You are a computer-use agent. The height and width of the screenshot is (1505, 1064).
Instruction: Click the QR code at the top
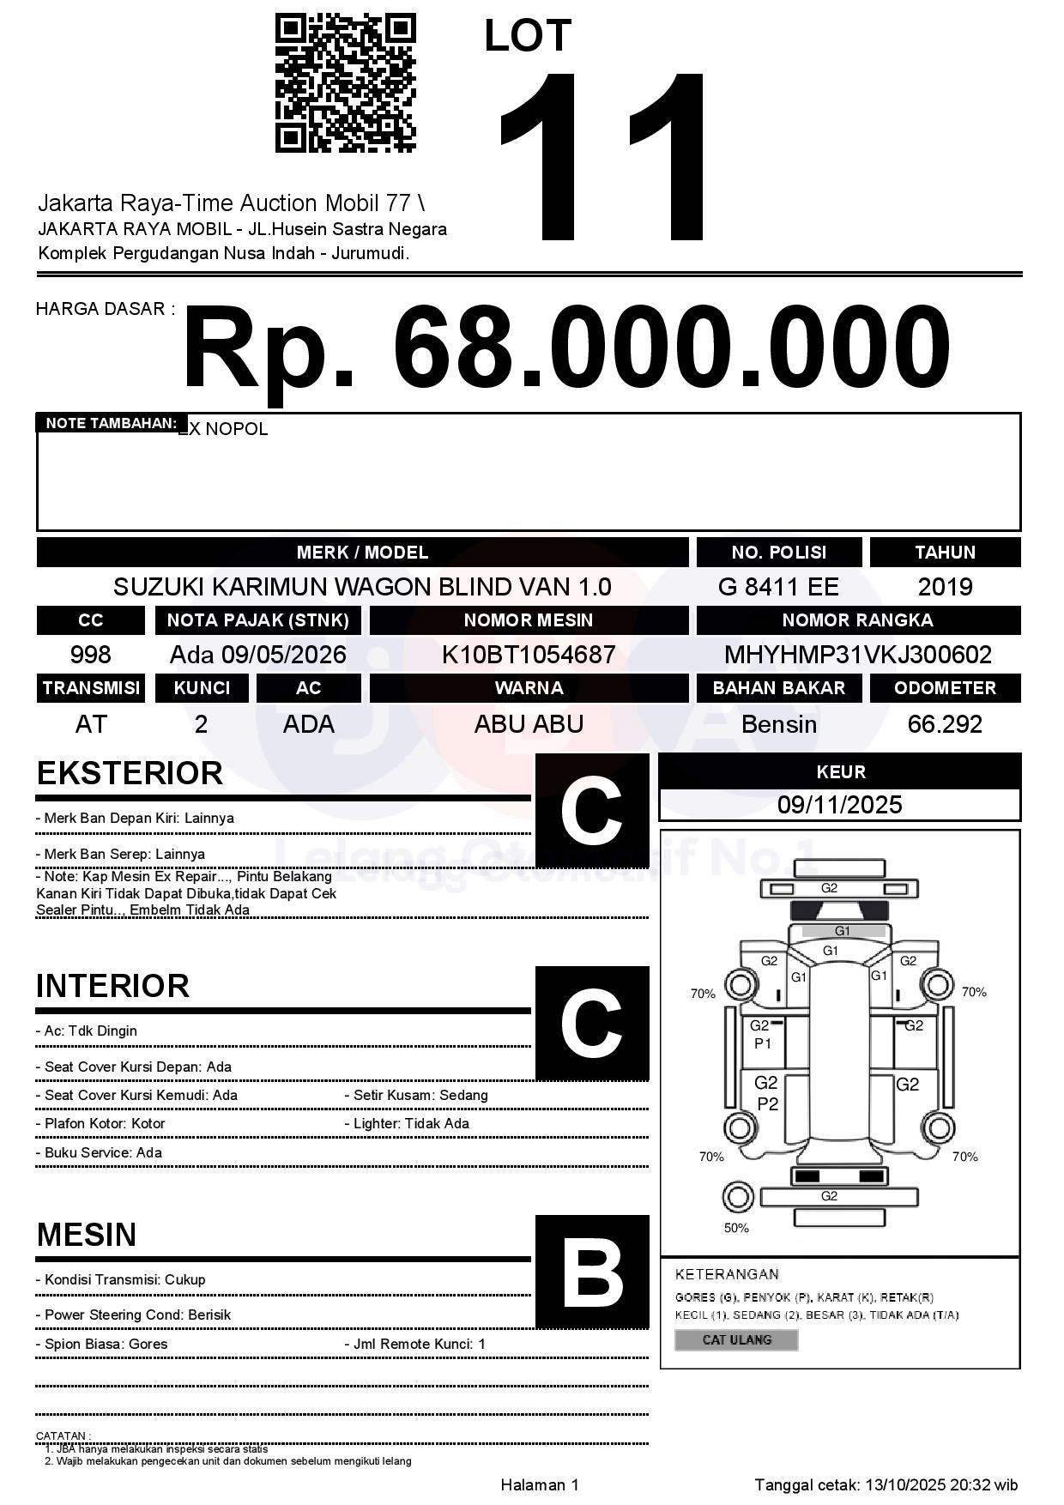click(345, 82)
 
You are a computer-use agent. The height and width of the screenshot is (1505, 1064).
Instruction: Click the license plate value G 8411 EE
click(778, 587)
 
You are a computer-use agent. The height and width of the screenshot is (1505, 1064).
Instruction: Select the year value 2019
click(945, 587)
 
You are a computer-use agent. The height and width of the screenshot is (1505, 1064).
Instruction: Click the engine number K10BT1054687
click(529, 655)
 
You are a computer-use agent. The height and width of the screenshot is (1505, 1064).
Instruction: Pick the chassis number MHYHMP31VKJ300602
click(858, 655)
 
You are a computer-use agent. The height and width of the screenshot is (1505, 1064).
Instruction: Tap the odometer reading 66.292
click(945, 724)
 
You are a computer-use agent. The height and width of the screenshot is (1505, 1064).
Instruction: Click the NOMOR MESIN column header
click(529, 620)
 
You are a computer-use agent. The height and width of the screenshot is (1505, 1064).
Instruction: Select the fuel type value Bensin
click(778, 724)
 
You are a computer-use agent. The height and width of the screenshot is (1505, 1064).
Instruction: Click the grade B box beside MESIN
click(592, 1272)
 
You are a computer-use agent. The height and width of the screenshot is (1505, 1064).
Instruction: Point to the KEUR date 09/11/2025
click(839, 805)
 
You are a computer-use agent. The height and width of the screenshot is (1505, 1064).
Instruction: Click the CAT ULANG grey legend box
click(736, 1339)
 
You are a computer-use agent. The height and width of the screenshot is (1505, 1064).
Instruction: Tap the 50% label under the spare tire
click(736, 1228)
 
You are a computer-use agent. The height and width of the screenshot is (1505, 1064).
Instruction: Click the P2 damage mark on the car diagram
click(767, 1104)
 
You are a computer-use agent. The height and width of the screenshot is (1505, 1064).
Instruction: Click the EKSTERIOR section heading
click(130, 773)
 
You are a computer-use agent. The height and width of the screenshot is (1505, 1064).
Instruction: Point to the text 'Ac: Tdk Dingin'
click(90, 1031)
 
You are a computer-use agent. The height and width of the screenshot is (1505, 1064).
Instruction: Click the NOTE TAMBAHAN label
click(112, 423)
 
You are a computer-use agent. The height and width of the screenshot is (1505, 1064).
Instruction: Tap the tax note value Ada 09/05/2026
click(257, 655)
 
